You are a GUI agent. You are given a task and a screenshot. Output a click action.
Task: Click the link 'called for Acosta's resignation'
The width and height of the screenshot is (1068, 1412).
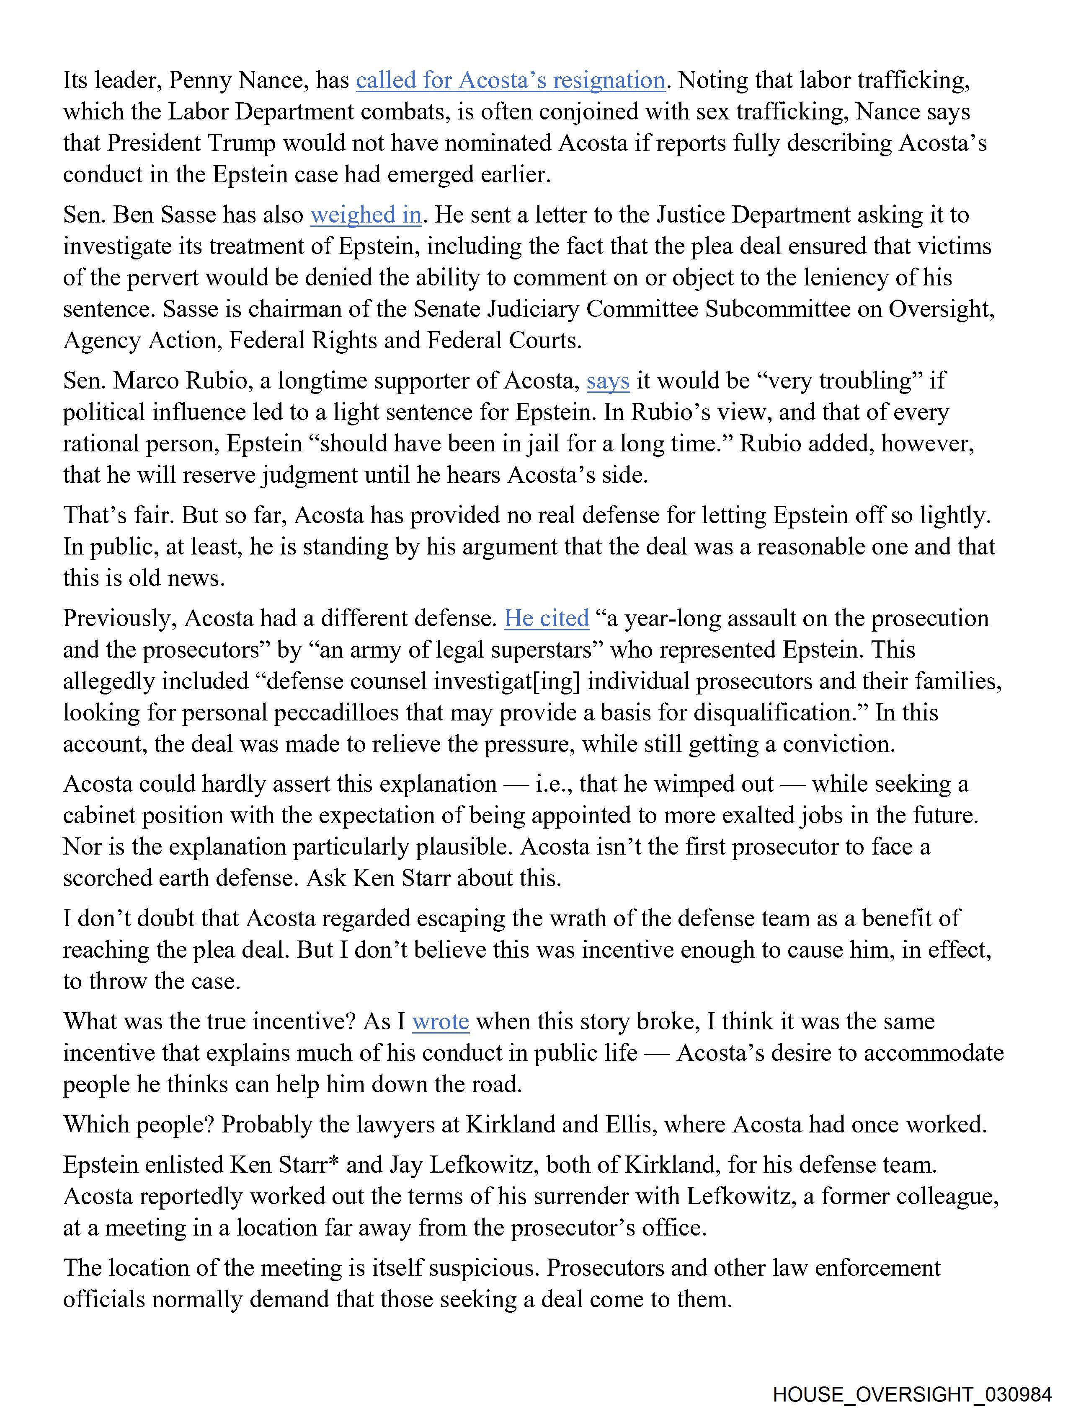(x=511, y=80)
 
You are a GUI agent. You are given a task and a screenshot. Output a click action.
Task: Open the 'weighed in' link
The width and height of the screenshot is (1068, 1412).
(x=366, y=215)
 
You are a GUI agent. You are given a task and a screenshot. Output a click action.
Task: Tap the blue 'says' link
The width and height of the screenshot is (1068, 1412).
(x=608, y=381)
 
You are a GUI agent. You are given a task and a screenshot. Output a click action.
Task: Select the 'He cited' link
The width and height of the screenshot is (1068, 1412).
(x=547, y=619)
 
